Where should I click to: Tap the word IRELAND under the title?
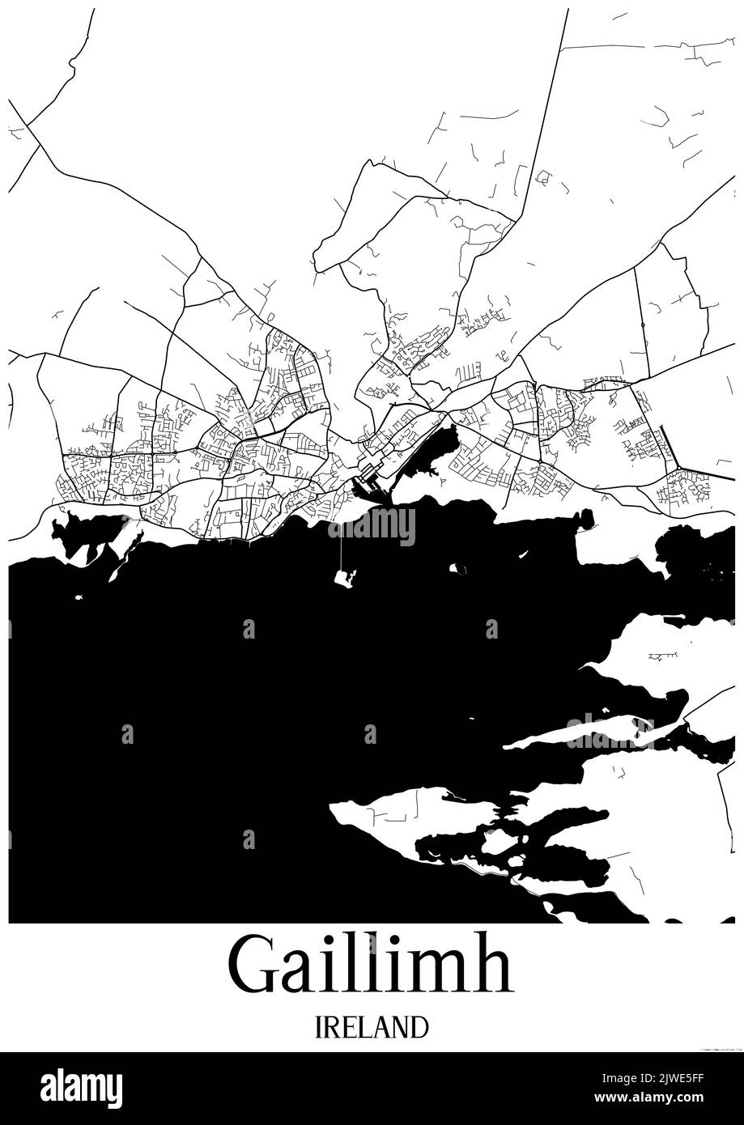[x=372, y=1027]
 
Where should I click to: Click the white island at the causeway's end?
[x=344, y=578]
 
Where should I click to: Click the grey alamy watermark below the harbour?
[x=372, y=526]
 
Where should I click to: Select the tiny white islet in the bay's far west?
[x=80, y=597]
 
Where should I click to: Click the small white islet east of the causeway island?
[x=458, y=569]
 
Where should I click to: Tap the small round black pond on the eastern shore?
[x=585, y=518]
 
